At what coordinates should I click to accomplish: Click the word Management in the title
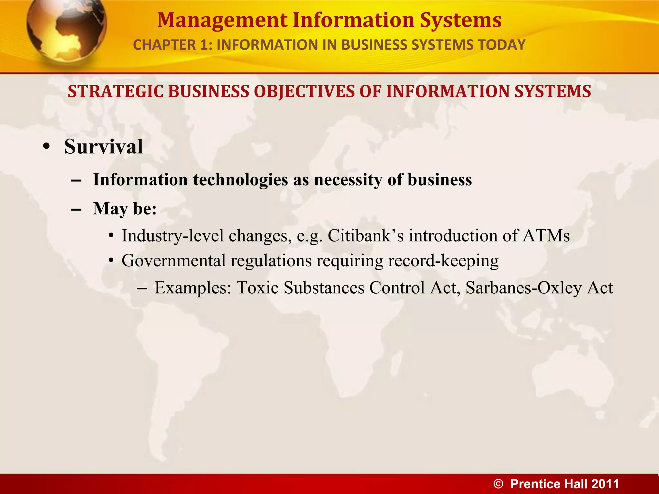(x=222, y=20)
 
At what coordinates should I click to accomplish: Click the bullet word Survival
(x=103, y=147)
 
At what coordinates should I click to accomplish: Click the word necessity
(x=348, y=180)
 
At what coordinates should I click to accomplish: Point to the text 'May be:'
(x=125, y=209)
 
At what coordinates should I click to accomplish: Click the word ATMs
(x=546, y=236)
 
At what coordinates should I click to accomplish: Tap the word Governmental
(x=174, y=261)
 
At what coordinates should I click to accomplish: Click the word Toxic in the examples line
(x=258, y=288)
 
